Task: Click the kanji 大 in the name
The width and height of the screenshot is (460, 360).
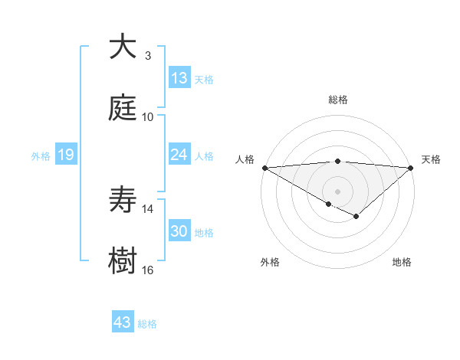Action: coord(123,47)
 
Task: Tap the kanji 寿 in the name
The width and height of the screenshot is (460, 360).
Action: coord(123,201)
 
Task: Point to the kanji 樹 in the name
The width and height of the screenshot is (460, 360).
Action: coord(123,262)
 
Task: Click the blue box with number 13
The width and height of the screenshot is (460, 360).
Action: coord(179,78)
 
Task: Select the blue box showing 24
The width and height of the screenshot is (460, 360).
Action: coord(179,155)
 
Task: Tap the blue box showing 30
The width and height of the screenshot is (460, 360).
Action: coord(179,231)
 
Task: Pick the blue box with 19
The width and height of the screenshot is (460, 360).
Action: coord(66,155)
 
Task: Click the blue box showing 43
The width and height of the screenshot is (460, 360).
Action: coord(123,322)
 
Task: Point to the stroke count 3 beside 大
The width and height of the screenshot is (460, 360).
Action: coord(148,55)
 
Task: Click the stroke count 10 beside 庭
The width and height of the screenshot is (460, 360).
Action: coord(148,116)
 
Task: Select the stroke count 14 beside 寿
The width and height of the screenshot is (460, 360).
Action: coord(148,209)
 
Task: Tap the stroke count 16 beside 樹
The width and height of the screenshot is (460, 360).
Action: coord(148,270)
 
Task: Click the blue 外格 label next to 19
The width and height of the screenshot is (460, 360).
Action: coord(41,155)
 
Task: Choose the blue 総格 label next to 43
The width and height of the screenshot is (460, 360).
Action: coord(147,323)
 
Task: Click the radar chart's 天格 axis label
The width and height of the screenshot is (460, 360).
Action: coord(432,159)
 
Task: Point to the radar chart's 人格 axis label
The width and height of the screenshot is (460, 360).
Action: coord(244,159)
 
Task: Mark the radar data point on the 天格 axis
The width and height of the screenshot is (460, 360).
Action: coord(412,167)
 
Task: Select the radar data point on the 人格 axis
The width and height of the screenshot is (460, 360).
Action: coord(264,167)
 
